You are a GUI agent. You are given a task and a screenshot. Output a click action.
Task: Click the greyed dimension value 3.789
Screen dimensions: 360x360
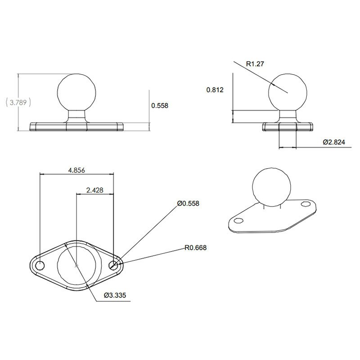pyautogui.click(x=18, y=102)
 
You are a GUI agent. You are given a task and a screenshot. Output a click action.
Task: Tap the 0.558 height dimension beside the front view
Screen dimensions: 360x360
pyautogui.click(x=160, y=106)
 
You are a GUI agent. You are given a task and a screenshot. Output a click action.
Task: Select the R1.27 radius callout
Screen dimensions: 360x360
pyautogui.click(x=255, y=64)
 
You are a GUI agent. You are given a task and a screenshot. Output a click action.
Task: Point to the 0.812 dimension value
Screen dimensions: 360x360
pyautogui.click(x=215, y=90)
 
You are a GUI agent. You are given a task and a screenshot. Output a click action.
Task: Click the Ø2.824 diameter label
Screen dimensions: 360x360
pyautogui.click(x=334, y=142)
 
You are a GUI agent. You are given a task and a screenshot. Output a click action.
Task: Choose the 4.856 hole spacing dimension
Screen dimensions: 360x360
pyautogui.click(x=76, y=170)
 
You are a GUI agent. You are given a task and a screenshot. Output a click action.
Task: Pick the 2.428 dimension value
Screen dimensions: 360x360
pyautogui.click(x=95, y=190)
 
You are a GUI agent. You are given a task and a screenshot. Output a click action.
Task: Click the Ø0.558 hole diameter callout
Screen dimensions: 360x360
pyautogui.click(x=188, y=203)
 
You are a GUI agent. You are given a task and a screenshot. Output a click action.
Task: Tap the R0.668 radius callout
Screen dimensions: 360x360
pyautogui.click(x=196, y=247)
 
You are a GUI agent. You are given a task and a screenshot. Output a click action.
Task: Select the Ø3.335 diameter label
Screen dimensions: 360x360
pyautogui.click(x=115, y=295)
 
